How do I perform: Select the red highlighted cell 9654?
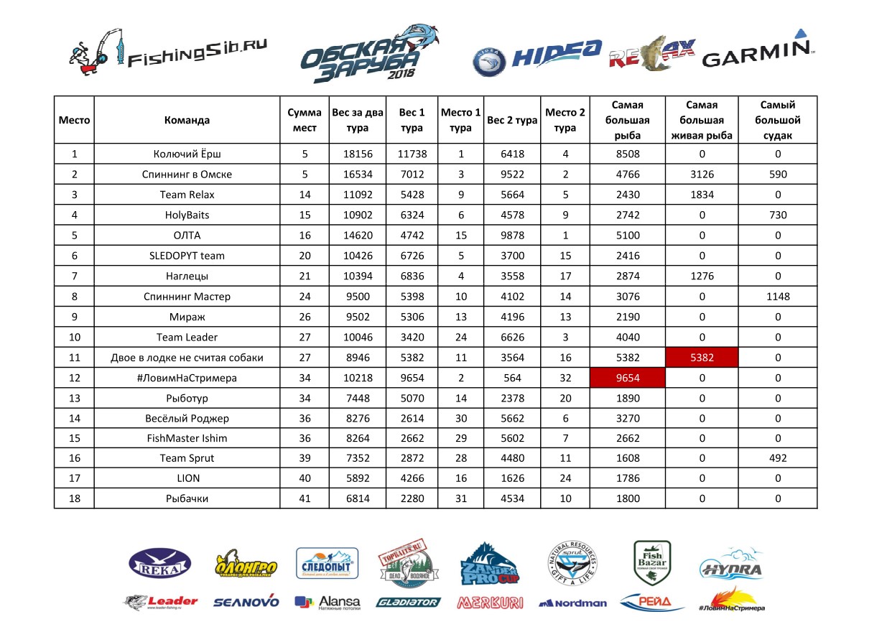pos(627,378)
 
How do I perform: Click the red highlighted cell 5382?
pos(702,358)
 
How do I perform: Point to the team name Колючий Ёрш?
pos(187,154)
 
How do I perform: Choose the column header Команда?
pos(187,121)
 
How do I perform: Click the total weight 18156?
pos(357,154)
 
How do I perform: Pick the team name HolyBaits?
pos(187,215)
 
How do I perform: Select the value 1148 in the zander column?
pos(777,297)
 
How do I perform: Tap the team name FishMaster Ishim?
pos(187,438)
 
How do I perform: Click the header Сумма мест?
pos(305,121)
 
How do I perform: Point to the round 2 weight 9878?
pos(512,235)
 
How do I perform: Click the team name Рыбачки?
pos(187,498)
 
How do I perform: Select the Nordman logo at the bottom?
pos(572,603)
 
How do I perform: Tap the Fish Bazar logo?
pos(652,562)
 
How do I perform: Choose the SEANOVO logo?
pos(246,603)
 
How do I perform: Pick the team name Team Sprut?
pos(187,458)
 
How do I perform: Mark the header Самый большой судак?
pos(777,121)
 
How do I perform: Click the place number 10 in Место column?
pos(74,337)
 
